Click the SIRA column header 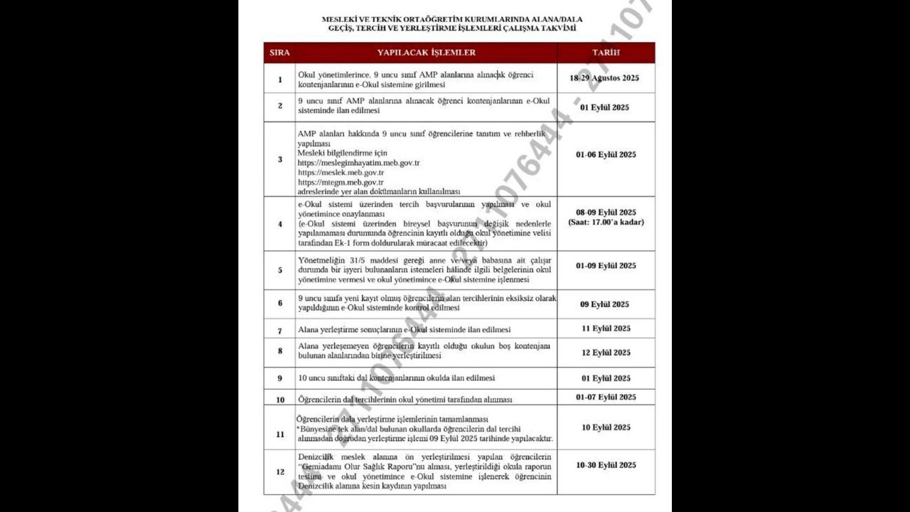point(279,53)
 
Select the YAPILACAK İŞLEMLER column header point(427,53)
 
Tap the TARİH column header point(606,53)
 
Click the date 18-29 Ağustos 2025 point(604,78)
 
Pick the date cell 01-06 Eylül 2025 point(606,154)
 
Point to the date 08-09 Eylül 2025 point(606,212)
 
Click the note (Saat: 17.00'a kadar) point(606,222)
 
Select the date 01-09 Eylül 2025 point(606,265)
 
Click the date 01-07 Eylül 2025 point(606,397)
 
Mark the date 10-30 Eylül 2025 point(606,465)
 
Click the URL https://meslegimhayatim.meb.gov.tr point(358,163)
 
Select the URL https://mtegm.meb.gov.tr point(341,182)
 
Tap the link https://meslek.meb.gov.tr point(341,173)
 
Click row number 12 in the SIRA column point(280,471)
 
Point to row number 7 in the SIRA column point(280,331)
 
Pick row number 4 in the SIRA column point(280,224)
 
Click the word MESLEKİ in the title point(338,19)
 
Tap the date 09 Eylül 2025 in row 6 point(604,304)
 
